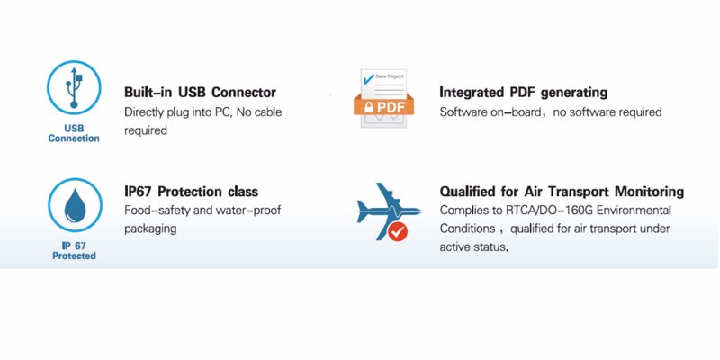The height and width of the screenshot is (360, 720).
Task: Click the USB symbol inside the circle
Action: point(74,87)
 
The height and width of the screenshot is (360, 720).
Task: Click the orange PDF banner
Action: point(384,106)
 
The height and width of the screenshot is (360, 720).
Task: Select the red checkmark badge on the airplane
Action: point(398,232)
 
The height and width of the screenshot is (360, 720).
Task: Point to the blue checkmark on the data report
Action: point(368,79)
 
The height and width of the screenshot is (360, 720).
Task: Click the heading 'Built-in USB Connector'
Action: point(200,93)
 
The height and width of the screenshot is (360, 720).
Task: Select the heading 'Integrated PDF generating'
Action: point(524,93)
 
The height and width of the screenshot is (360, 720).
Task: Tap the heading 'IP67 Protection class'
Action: point(191,191)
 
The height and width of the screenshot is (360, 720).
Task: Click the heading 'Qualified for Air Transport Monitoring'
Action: point(562,192)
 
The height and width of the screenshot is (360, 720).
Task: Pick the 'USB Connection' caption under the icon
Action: point(74,133)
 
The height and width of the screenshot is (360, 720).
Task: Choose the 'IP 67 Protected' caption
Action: point(74,251)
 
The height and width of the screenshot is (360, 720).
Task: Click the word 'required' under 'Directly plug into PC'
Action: point(146,130)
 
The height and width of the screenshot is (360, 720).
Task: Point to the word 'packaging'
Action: point(150,229)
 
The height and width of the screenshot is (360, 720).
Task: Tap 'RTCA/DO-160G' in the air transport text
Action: point(536,211)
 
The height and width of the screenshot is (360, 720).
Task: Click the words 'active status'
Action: point(474,247)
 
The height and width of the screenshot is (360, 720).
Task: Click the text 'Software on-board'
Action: point(490,112)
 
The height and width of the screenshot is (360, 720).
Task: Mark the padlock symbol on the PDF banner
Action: point(369,107)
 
